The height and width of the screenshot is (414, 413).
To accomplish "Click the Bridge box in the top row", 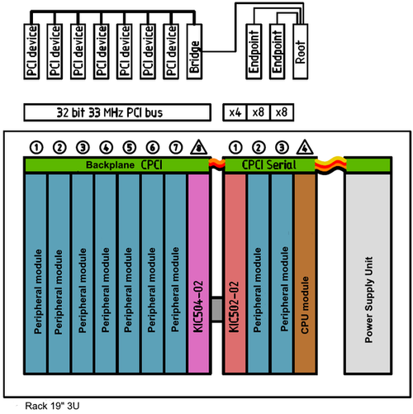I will (x=195, y=59).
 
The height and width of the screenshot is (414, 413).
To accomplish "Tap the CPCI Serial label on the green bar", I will (x=268, y=166).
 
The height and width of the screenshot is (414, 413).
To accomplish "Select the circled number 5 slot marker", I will (x=128, y=148).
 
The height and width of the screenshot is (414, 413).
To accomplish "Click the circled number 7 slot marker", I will (x=175, y=148).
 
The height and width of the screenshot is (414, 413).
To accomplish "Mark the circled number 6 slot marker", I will (x=151, y=148).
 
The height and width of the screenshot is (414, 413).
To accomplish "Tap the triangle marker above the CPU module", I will (x=305, y=148).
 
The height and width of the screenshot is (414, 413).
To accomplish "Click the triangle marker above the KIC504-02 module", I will (x=199, y=148).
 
